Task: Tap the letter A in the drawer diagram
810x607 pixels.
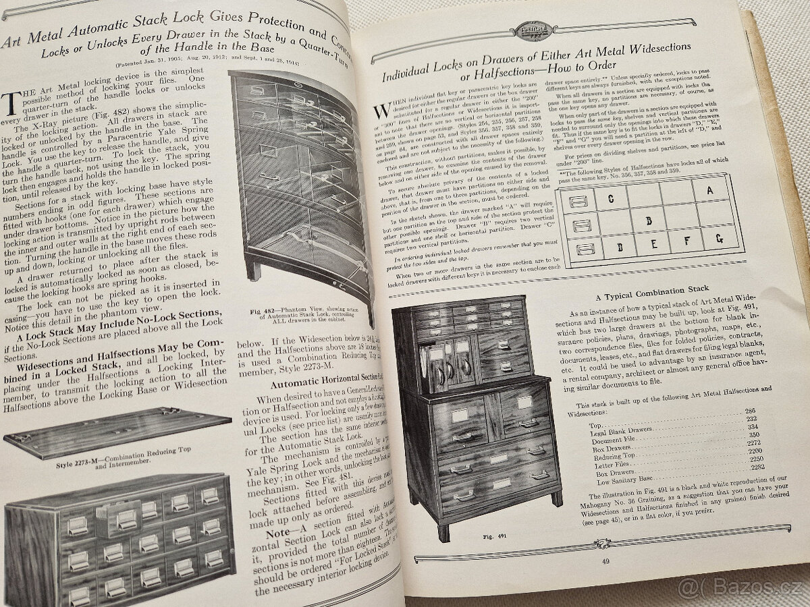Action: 709,190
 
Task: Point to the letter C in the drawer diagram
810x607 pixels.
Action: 611,198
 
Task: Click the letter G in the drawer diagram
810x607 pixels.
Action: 718,238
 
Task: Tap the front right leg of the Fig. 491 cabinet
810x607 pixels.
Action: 556,498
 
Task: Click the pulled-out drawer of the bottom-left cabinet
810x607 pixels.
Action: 121,516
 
